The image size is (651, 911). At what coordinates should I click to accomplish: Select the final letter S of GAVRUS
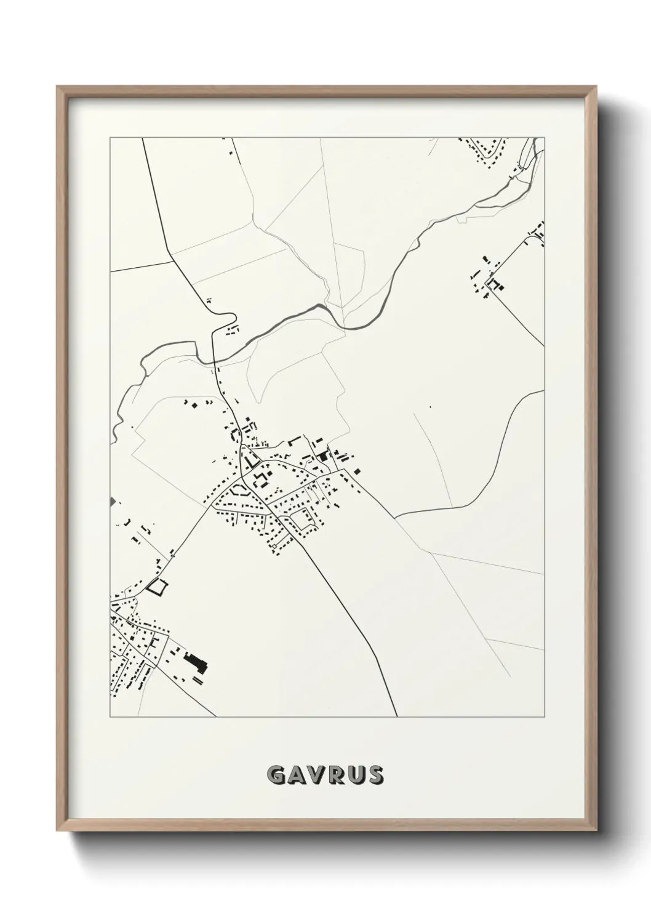(x=374, y=775)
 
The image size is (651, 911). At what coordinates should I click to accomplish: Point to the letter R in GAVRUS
(x=336, y=775)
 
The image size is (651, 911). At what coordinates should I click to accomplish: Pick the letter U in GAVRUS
(x=355, y=775)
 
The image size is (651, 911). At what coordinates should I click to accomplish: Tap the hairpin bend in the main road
(x=233, y=319)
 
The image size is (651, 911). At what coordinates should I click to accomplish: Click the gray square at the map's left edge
(x=112, y=502)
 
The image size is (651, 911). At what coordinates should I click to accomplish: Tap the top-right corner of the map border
(x=545, y=138)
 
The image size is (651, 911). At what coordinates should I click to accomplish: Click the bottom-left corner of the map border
(x=110, y=717)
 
